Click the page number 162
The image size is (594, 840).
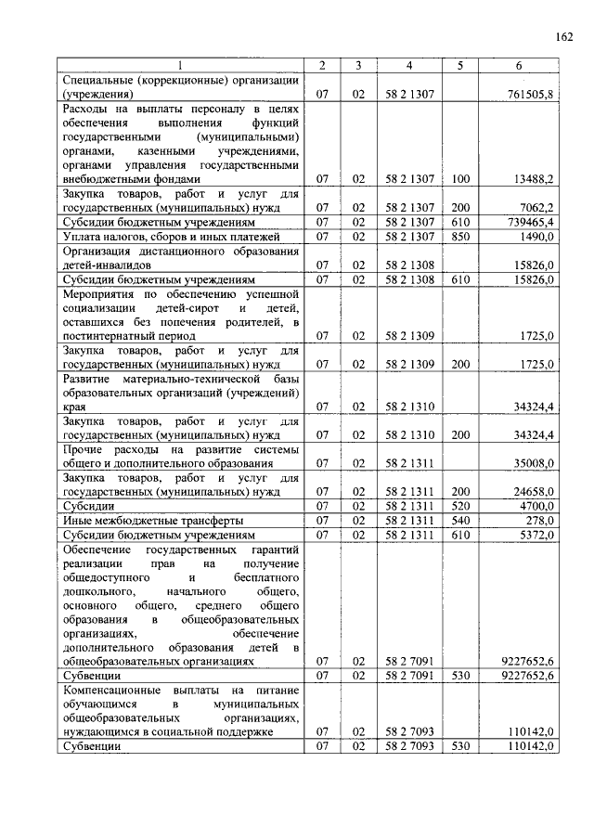[563, 36]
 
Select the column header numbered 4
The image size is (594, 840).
[409, 66]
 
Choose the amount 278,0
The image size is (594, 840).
[539, 521]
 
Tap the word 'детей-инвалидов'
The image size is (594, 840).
[107, 265]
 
